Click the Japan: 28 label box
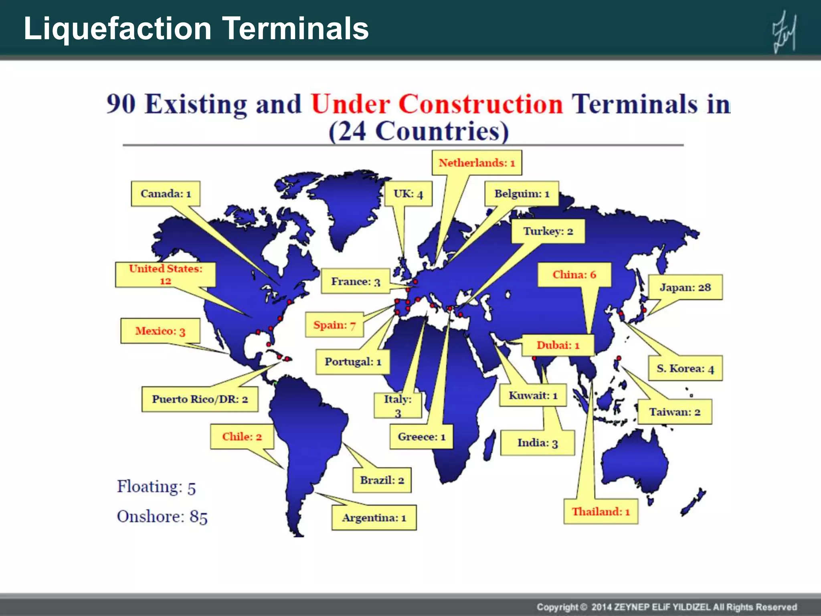tap(685, 287)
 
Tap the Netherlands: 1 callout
tap(477, 163)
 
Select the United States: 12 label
tap(165, 275)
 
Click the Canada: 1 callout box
tap(166, 194)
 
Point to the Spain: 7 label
tap(334, 325)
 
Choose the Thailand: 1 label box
tap(601, 512)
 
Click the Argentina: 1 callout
tap(374, 518)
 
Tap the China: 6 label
tap(574, 275)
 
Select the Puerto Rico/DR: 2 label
tap(200, 399)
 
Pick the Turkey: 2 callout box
tap(548, 231)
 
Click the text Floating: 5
tap(156, 487)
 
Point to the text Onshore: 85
tap(162, 517)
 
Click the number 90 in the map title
tap(121, 104)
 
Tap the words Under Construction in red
tap(437, 104)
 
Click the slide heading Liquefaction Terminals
tap(196, 29)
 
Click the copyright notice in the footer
tap(667, 607)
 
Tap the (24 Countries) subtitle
tap(419, 131)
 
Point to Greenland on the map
tap(349, 205)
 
